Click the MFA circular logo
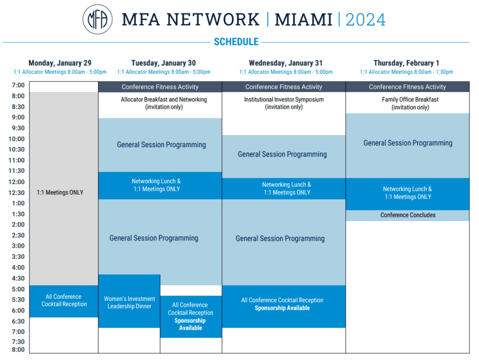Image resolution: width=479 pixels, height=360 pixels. click(97, 19)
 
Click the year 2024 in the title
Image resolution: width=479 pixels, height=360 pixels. click(365, 20)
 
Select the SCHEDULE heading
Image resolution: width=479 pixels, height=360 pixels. click(236, 42)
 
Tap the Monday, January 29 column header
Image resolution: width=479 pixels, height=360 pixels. click(60, 63)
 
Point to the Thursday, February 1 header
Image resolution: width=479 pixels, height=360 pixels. click(406, 63)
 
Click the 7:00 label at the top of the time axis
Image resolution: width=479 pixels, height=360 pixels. click(18, 85)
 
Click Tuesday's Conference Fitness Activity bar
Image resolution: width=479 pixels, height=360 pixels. click(160, 86)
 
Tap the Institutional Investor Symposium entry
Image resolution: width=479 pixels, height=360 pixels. click(284, 103)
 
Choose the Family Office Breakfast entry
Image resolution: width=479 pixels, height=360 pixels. click(410, 103)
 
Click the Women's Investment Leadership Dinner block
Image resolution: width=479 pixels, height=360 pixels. click(129, 301)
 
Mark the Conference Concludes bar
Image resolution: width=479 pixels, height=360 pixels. click(407, 215)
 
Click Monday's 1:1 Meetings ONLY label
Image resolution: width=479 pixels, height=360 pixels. click(60, 192)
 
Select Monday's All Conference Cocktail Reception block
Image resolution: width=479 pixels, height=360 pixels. click(64, 301)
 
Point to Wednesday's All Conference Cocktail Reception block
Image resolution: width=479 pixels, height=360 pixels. click(284, 306)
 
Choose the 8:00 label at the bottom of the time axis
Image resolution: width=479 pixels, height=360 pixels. click(18, 350)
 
